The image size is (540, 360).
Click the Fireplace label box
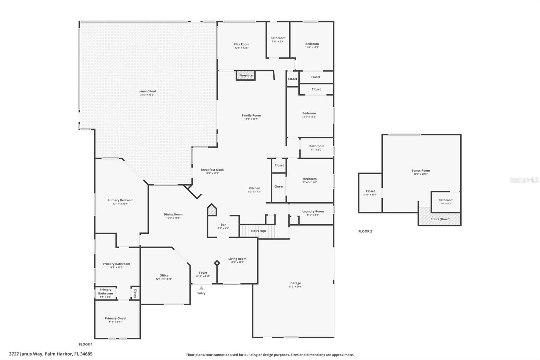(x=246, y=75)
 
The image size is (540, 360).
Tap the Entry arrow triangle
(x=201, y=288)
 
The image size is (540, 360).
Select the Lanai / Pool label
(x=147, y=91)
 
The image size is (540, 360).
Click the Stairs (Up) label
(x=258, y=231)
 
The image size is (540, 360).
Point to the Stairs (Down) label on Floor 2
(x=440, y=219)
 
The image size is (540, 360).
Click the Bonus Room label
(x=421, y=171)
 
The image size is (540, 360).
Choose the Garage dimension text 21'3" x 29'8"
(x=295, y=287)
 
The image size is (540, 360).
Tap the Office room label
(x=164, y=276)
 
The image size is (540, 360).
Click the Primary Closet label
(x=115, y=318)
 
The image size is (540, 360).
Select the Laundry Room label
(x=313, y=211)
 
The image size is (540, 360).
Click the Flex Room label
(x=242, y=44)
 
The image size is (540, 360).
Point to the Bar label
(x=223, y=225)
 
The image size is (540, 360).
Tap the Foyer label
(x=203, y=273)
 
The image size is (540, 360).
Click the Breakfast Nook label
(x=212, y=170)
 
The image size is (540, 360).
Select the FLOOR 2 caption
(x=365, y=231)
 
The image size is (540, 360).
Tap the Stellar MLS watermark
(x=524, y=180)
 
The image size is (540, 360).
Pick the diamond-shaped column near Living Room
(x=217, y=263)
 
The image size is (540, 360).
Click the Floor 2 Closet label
(x=370, y=191)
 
